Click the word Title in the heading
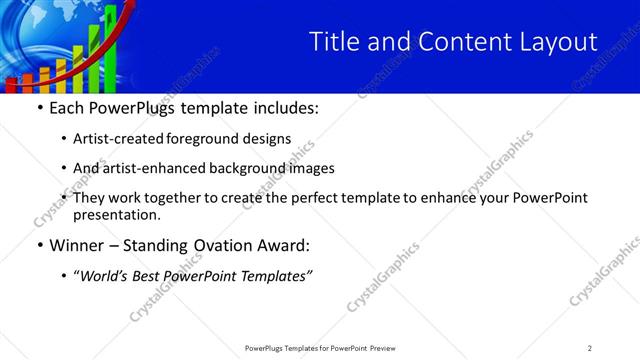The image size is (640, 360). coord(331,41)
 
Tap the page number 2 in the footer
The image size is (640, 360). coord(590,347)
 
